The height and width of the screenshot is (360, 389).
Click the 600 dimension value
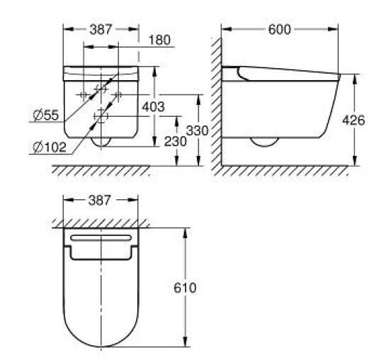tap(279, 30)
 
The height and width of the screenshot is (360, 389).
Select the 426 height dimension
tap(354, 120)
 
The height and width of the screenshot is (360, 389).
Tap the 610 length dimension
tap(185, 288)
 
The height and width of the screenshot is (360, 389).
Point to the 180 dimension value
tap(159, 40)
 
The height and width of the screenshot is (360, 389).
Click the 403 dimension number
tap(153, 107)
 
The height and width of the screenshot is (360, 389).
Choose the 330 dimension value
tap(197, 130)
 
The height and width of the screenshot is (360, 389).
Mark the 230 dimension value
tap(176, 142)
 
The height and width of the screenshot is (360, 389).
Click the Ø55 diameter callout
tap(46, 115)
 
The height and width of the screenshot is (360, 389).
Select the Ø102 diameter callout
tap(50, 147)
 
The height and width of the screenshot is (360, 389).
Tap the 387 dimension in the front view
tap(101, 30)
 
